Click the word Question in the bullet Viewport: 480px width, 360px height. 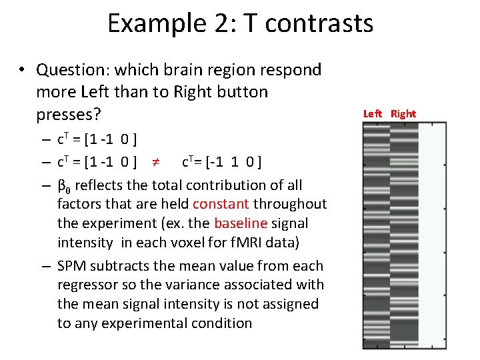click(67, 69)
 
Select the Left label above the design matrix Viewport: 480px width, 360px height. click(373, 113)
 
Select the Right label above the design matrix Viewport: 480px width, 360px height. click(403, 113)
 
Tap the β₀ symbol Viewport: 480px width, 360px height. click(63, 186)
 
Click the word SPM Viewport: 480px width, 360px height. click(71, 266)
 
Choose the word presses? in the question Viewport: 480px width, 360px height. click(68, 115)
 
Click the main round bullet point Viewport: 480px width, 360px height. click(22, 70)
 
